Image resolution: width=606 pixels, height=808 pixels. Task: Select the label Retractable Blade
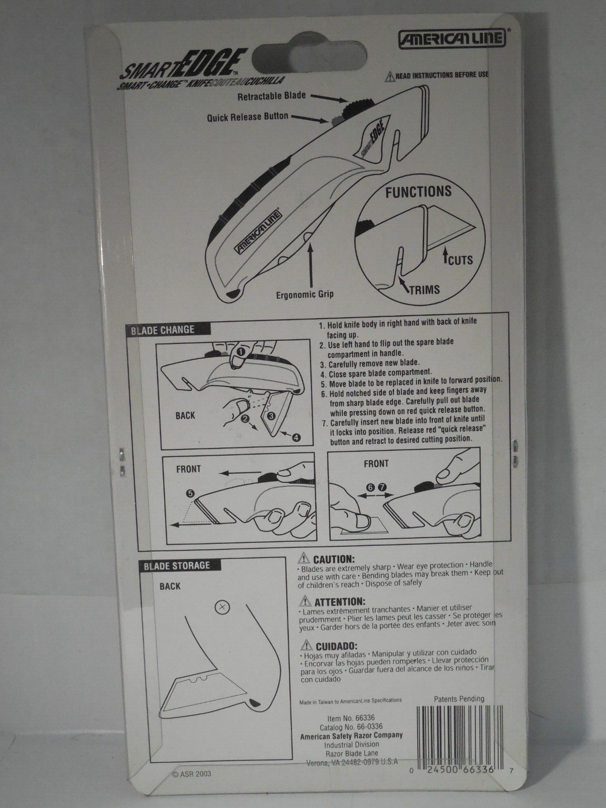273,95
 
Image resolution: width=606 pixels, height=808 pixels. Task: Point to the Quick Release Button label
247,117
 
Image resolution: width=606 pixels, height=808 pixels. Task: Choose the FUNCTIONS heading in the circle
418,191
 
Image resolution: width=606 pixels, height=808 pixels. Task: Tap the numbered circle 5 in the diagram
189,491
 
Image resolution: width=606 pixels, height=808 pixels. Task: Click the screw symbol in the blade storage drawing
221,608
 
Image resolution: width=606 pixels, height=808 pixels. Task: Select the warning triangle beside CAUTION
304,558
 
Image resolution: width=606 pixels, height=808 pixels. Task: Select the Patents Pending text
459,699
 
